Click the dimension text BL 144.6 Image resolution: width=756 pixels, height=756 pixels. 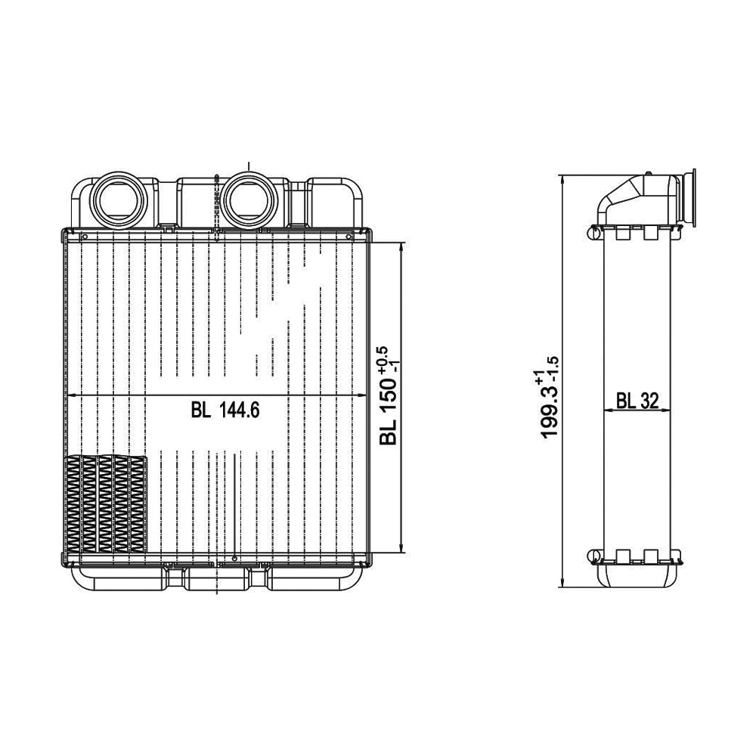[x=225, y=411]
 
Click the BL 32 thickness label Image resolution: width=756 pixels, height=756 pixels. [x=635, y=401]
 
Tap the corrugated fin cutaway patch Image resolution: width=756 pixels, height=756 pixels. [x=105, y=503]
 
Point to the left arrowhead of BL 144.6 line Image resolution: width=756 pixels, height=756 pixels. [x=71, y=396]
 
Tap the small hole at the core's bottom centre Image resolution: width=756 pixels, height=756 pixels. [x=235, y=558]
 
